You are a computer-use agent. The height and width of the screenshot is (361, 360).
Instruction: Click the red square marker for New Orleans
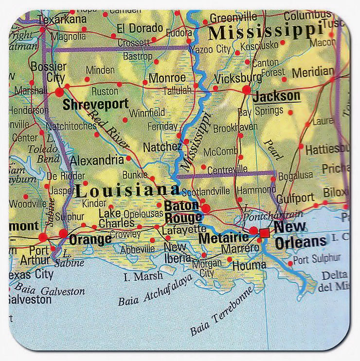click(264, 233)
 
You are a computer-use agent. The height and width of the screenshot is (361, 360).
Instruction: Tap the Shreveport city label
click(95, 104)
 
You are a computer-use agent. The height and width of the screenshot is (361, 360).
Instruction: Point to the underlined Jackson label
click(277, 96)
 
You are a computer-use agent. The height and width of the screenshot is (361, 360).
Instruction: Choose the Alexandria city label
click(97, 160)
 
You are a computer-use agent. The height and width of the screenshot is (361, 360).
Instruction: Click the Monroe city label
click(167, 78)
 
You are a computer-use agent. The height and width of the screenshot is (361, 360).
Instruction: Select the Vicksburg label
click(238, 78)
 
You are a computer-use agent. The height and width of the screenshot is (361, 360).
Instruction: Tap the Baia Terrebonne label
click(221, 311)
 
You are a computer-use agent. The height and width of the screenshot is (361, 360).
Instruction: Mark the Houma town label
click(249, 265)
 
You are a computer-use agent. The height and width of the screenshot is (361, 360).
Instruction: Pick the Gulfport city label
click(296, 198)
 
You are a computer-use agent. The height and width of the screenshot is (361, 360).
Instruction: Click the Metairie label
click(223, 238)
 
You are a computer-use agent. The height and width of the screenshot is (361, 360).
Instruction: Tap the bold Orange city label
click(90, 239)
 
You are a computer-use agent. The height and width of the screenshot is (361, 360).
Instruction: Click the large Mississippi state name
click(266, 32)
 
